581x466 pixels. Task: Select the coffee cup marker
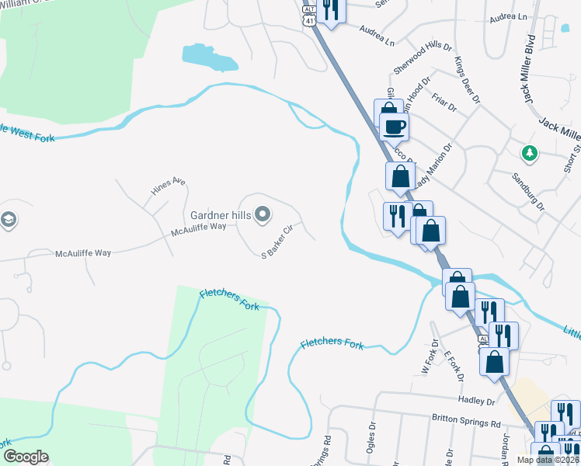[x=394, y=126]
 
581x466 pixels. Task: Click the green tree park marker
[x=530, y=152]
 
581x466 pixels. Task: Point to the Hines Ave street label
[x=169, y=186]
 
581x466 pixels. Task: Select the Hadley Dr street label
[x=478, y=401]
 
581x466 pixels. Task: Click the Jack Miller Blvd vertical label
[x=531, y=68]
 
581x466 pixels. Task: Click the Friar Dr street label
[x=446, y=106]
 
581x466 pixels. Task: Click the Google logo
[x=26, y=456]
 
